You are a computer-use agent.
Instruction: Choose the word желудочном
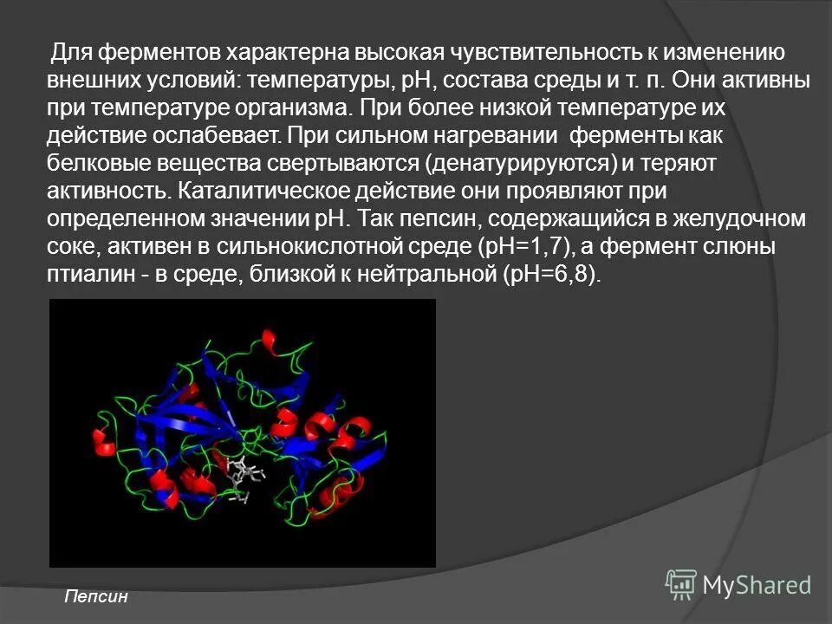714,219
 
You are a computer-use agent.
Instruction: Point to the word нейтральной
422,275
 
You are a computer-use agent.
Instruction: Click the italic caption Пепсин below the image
96,596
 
